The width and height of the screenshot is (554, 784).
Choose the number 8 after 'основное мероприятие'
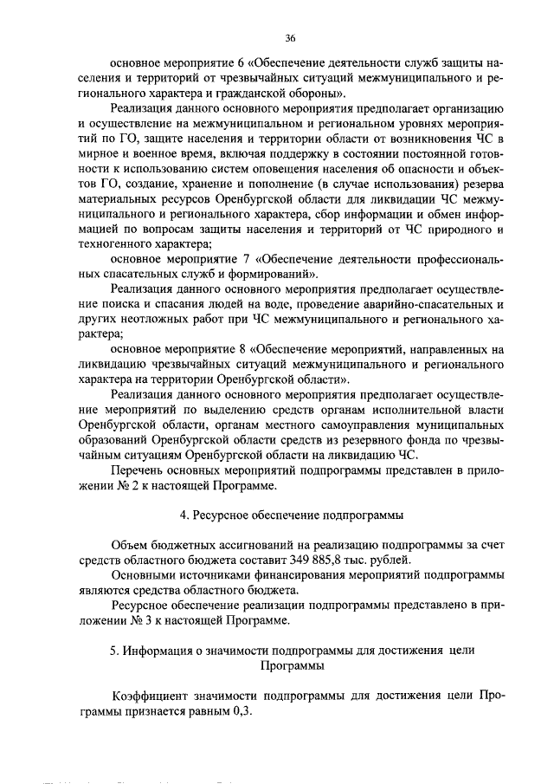[240, 349]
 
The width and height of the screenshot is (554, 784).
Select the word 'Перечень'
[136, 470]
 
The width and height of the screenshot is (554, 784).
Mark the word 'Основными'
[142, 574]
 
